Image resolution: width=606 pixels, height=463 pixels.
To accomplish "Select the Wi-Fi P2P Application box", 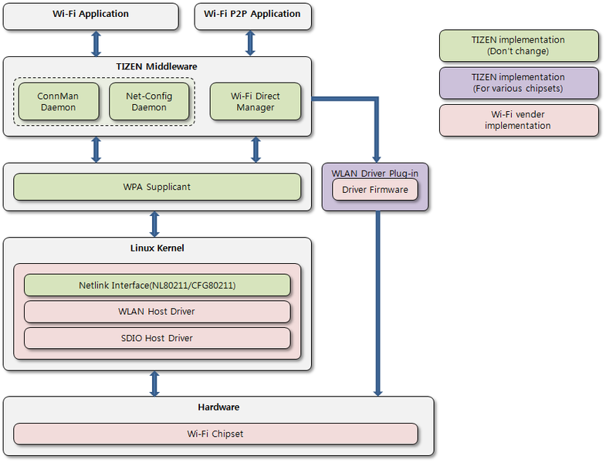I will click(x=252, y=15).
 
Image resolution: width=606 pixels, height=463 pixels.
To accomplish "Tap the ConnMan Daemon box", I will click(x=57, y=102).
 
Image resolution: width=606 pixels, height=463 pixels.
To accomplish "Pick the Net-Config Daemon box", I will click(x=148, y=102).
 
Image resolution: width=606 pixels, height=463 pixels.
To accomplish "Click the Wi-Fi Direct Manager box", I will click(x=255, y=102).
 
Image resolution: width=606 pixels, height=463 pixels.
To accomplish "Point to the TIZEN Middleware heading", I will click(x=157, y=66).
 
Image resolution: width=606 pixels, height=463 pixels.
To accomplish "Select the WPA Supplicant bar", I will click(x=157, y=187).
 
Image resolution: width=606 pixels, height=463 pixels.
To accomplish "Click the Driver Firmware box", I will click(x=375, y=190).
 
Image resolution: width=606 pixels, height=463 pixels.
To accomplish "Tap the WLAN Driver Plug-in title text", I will click(x=375, y=173).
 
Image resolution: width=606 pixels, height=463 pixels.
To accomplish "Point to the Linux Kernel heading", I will click(x=157, y=248).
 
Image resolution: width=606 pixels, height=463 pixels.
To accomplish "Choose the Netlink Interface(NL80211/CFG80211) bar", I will click(x=157, y=286).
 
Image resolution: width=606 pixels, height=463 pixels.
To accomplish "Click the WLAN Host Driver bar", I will click(x=157, y=312).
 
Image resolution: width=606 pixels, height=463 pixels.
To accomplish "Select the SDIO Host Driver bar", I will click(x=157, y=338).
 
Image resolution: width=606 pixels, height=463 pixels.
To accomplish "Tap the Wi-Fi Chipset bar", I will click(x=215, y=434).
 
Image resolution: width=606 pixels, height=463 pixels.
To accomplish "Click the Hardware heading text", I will click(x=218, y=407).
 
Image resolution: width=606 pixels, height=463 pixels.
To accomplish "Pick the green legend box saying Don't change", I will click(x=518, y=46).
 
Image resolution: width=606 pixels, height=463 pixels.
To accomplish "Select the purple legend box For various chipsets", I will click(x=518, y=83).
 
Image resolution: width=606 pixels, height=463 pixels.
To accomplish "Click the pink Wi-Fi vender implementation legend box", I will click(x=518, y=120).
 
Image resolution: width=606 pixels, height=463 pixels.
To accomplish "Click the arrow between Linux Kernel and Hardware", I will click(x=154, y=384).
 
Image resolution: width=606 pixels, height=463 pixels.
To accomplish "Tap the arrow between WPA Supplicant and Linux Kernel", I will click(x=154, y=224).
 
